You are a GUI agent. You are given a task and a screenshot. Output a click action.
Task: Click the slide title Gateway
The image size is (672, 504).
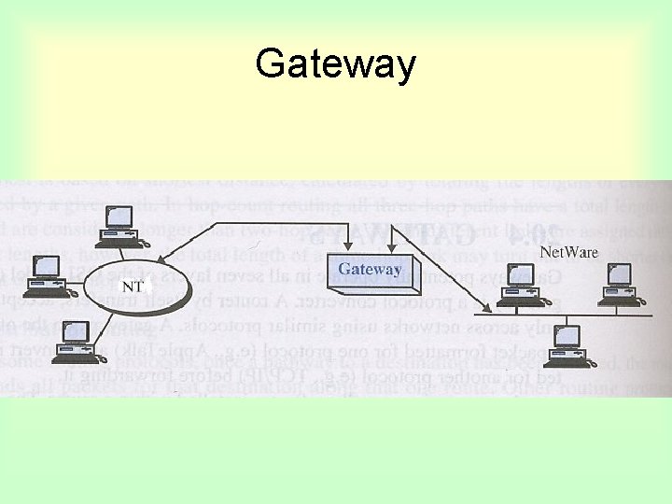(335, 64)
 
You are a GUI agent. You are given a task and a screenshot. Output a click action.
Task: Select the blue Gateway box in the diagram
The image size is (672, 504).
(371, 272)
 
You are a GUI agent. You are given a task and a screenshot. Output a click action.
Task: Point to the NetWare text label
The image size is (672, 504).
(571, 251)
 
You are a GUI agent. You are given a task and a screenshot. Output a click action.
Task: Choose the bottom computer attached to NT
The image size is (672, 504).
(76, 342)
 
